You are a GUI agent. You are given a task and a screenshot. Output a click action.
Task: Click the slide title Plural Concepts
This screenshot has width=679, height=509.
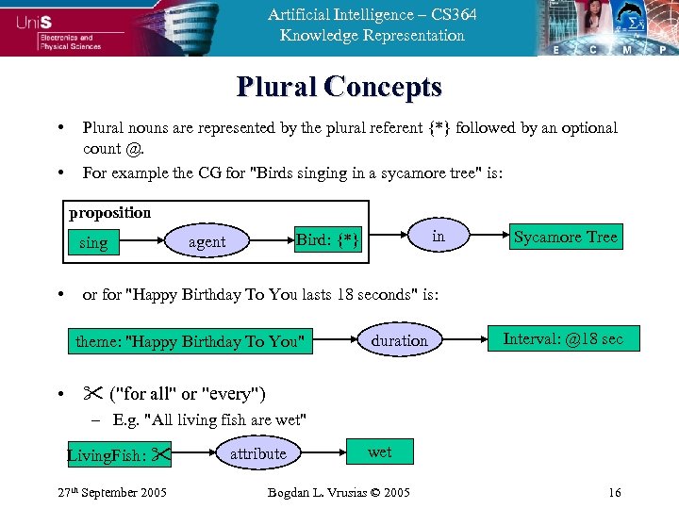(339, 88)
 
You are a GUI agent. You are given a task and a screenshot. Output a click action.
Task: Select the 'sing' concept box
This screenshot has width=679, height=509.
(93, 242)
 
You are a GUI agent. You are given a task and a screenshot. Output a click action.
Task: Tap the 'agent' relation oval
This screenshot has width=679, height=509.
(207, 242)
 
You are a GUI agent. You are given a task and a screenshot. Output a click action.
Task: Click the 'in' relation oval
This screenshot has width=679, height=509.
(438, 237)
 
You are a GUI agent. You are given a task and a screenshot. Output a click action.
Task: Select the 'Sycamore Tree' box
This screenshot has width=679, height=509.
(565, 237)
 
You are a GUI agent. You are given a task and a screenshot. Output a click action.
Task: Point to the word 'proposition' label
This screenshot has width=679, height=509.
(109, 212)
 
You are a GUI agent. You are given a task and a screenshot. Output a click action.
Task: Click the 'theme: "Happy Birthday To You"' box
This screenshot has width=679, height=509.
(191, 341)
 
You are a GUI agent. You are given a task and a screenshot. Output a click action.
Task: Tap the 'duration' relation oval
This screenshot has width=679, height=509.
(399, 340)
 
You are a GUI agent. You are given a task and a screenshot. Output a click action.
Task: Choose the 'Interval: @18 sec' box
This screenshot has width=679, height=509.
(563, 338)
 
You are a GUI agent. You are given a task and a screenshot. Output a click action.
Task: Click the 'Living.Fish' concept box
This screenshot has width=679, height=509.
(118, 456)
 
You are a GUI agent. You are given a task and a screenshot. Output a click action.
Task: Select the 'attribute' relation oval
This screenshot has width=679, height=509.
(257, 453)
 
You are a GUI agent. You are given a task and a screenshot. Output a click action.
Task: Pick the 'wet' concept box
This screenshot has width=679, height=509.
(379, 452)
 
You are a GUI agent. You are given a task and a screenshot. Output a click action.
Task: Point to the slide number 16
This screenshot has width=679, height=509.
(614, 492)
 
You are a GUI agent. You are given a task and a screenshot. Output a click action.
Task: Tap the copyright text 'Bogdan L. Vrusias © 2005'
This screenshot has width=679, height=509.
(339, 492)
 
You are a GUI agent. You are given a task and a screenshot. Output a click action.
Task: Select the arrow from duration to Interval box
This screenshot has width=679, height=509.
(462, 339)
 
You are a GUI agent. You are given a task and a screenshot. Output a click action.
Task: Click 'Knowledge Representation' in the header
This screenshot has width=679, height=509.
(372, 36)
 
